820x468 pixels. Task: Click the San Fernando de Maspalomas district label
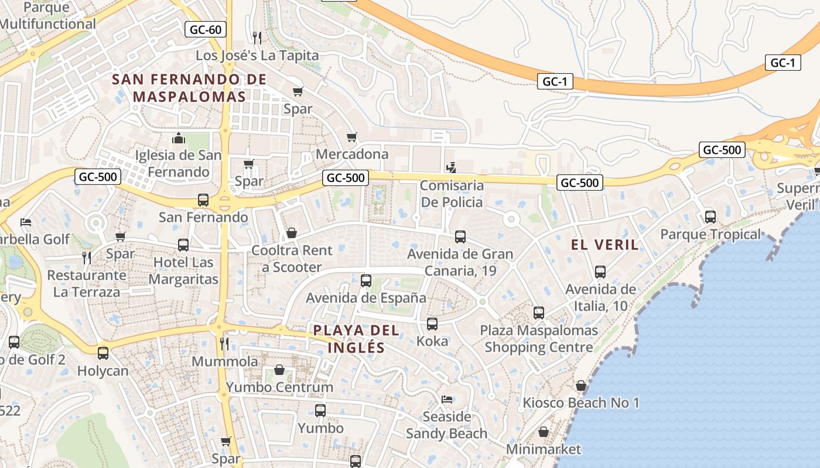[189, 88]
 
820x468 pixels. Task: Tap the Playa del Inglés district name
[356, 339]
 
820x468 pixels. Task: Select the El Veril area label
[604, 245]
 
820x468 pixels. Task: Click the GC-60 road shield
[206, 30]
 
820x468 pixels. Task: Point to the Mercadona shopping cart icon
[351, 137]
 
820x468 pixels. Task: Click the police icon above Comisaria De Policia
[450, 168]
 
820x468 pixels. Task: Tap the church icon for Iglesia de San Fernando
[179, 139]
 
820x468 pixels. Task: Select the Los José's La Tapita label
[257, 56]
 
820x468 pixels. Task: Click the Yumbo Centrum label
[279, 387]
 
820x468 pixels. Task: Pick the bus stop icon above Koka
[432, 324]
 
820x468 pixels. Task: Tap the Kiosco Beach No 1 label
[581, 402]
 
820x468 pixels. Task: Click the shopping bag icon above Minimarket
[544, 432]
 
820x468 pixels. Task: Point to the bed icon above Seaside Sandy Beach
[446, 400]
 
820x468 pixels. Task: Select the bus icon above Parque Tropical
[710, 217]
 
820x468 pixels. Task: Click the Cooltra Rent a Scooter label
[292, 259]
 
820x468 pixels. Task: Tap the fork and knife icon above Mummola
[224, 343]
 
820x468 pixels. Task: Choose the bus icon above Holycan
[103, 353]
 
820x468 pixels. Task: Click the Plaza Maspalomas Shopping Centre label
[539, 339]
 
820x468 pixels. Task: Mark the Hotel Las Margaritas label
[183, 271]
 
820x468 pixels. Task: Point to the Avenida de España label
[366, 298]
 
